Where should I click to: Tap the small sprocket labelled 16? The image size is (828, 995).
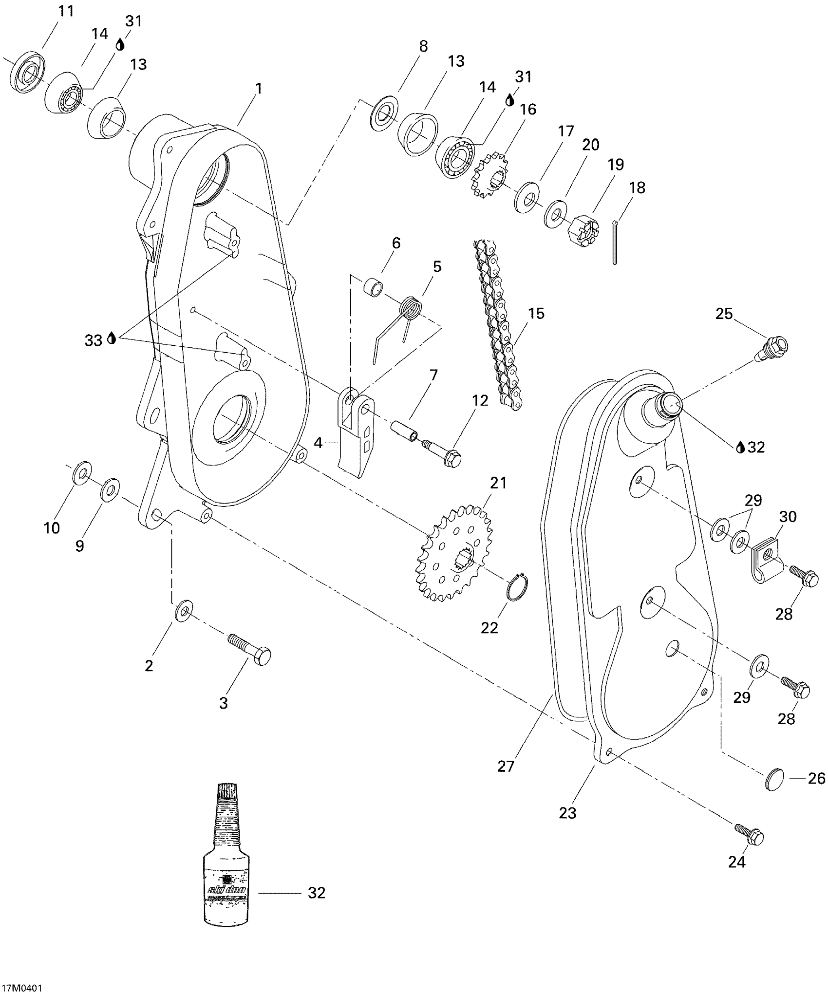[489, 175]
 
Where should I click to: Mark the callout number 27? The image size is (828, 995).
[506, 766]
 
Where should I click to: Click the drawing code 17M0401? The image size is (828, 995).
[21, 988]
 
